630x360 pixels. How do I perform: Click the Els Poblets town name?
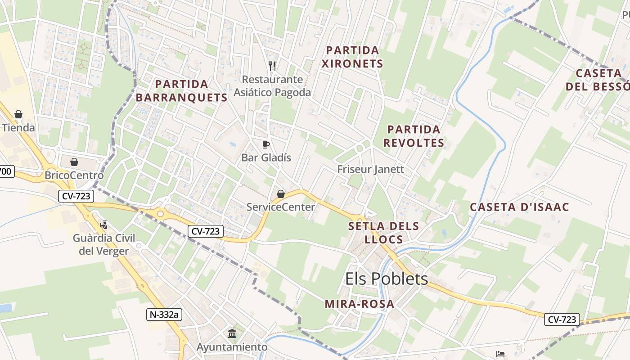[386, 279]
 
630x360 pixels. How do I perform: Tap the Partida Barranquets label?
[181, 90]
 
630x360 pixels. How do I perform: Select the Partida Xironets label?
[352, 57]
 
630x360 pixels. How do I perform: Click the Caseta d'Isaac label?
[519, 207]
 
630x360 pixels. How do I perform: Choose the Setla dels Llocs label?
[383, 232]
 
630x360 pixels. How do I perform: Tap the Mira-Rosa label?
[359, 304]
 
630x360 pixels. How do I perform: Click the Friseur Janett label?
[371, 169]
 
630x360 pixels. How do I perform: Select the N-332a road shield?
[164, 315]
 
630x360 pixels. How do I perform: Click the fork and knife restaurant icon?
[272, 66]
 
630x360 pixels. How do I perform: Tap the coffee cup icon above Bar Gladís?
[266, 144]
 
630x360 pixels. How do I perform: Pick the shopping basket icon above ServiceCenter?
[281, 194]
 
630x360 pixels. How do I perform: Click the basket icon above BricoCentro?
[74, 162]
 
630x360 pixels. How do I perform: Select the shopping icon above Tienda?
[18, 114]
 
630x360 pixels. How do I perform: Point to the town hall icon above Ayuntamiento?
[232, 333]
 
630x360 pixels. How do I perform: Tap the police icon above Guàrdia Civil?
[104, 225]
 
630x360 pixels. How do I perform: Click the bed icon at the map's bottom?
[500, 354]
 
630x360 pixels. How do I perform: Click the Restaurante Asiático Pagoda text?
[272, 86]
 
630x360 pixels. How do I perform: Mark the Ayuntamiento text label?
[232, 347]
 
